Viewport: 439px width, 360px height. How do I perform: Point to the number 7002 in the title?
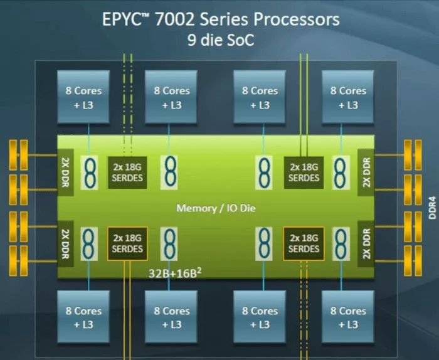(182, 19)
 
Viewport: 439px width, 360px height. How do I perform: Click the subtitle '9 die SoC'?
(221, 41)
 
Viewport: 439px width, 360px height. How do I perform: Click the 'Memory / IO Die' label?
(215, 208)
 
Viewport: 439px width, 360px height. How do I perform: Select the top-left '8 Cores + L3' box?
(84, 97)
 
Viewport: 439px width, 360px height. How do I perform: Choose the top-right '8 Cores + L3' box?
(348, 97)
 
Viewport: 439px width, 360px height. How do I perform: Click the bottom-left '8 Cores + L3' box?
(84, 317)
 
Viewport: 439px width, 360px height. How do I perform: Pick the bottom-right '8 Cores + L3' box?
(348, 317)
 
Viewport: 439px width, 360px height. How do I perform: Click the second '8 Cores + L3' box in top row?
(172, 97)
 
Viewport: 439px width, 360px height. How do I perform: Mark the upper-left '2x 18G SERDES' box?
(127, 172)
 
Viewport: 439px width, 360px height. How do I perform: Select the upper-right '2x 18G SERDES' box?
(304, 172)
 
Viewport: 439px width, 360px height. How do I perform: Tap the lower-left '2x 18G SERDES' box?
(127, 243)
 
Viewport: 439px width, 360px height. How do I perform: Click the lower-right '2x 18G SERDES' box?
(304, 243)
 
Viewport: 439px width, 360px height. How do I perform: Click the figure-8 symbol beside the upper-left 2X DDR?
(91, 172)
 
